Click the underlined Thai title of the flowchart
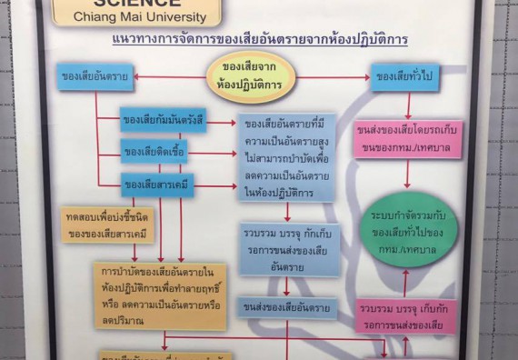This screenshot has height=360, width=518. point(259,40)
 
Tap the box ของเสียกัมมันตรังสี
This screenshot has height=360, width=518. point(164,119)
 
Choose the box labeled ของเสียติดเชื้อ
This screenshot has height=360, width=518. point(154,151)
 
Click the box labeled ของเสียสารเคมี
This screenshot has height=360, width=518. point(158,185)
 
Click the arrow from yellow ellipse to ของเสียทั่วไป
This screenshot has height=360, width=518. point(333,78)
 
